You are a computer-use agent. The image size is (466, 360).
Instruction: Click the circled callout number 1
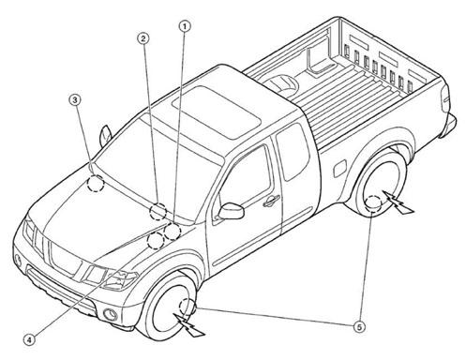[x=185, y=26]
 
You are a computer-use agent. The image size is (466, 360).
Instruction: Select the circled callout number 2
[x=143, y=38]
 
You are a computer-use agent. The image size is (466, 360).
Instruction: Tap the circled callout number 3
[x=75, y=100]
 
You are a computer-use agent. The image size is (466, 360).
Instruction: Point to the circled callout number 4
[x=29, y=340]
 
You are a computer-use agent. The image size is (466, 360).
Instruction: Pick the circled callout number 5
[x=359, y=327]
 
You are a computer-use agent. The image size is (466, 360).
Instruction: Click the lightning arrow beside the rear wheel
[x=398, y=202]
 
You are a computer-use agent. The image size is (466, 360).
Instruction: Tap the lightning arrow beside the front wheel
[x=188, y=325]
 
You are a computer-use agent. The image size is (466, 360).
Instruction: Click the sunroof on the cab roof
[x=217, y=112]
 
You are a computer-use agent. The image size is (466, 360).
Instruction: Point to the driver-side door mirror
[x=232, y=211]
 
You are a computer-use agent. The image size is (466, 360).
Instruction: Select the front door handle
[x=271, y=201]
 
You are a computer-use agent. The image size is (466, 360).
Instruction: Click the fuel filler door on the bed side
[x=340, y=168]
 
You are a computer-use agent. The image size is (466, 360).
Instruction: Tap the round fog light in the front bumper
[x=111, y=314]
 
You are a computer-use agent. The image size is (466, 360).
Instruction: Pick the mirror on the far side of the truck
[x=105, y=136]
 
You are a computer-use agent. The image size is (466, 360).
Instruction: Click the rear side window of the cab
[x=290, y=152]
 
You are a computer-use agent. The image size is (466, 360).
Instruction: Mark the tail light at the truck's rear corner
[x=445, y=97]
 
